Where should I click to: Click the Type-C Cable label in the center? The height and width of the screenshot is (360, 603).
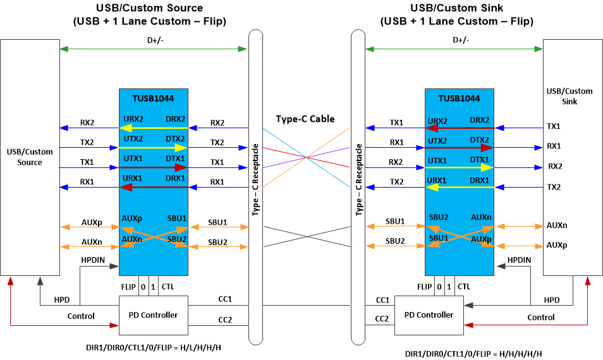305,119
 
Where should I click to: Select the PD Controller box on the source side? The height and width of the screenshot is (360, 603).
154,315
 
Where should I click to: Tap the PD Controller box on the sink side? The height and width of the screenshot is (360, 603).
428,315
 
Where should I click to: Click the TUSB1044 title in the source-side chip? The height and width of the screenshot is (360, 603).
153,99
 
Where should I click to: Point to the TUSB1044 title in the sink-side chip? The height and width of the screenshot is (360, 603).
459,99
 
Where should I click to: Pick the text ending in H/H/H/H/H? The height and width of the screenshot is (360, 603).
473,353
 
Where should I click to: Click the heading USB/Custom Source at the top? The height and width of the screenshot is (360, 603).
149,8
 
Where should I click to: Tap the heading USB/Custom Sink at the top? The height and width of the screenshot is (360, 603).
456,8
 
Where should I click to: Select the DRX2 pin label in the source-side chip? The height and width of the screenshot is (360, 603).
175,119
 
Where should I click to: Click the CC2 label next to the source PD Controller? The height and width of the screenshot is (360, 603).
224,320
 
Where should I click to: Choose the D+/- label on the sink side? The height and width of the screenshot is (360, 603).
461,40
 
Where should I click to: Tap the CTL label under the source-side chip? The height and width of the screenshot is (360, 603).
168,287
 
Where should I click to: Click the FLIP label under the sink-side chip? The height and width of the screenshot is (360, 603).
425,287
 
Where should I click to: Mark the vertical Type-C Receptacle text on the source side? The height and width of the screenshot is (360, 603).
255,180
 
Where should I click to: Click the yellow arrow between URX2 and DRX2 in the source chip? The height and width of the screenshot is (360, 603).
154,128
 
